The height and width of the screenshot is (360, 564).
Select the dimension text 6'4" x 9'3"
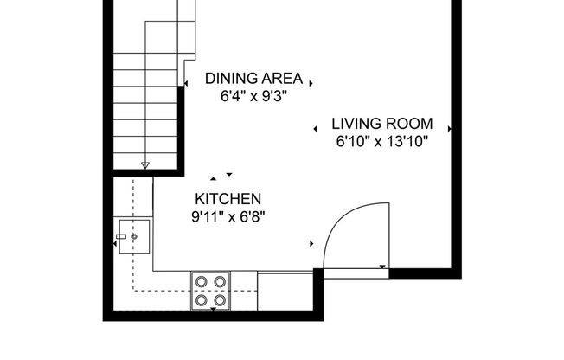coord(253,96)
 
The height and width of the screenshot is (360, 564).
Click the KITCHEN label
coord(228,199)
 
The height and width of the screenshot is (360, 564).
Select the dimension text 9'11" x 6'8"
coord(228,216)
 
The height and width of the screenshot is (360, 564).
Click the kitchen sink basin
coord(137,235)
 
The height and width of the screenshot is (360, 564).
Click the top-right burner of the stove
coord(220,280)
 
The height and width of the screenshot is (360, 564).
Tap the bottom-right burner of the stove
coord(220,299)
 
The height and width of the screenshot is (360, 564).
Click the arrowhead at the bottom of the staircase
coord(145,164)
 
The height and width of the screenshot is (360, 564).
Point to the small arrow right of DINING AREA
coord(311,83)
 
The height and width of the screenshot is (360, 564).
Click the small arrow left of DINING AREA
coord(187,83)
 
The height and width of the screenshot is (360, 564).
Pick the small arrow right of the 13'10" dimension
coord(451,130)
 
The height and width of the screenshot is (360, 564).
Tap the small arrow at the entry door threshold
coord(382,267)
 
